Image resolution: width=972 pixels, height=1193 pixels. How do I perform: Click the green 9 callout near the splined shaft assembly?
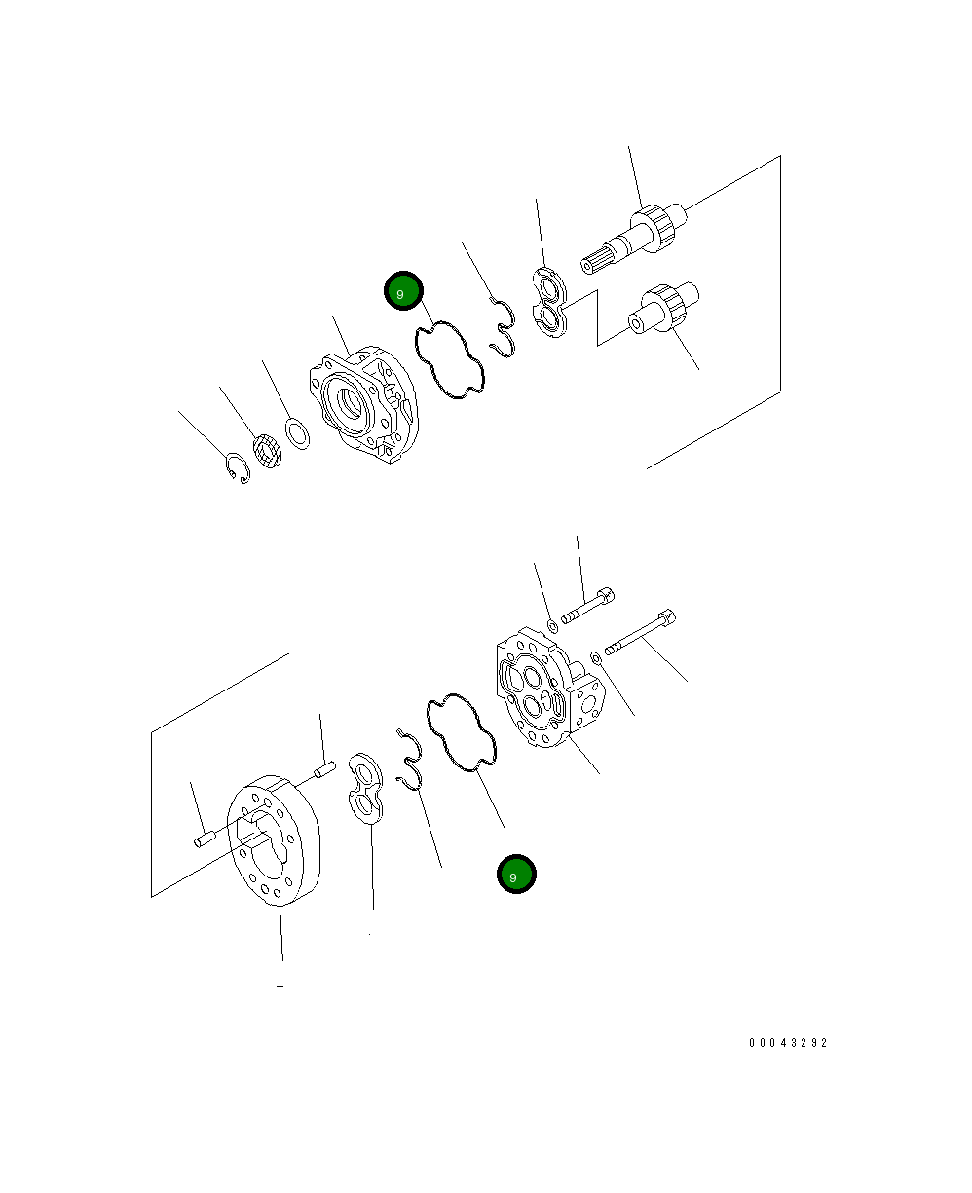(402, 291)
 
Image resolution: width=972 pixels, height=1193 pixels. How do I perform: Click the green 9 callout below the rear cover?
(515, 876)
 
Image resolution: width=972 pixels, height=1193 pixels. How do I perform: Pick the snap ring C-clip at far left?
(237, 467)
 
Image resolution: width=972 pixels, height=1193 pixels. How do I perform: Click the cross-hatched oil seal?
(267, 451)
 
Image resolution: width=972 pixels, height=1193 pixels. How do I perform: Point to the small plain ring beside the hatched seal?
(298, 431)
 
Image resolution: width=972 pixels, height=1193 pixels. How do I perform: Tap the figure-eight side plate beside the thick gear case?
(366, 789)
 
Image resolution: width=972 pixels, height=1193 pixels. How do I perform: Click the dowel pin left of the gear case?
(204, 838)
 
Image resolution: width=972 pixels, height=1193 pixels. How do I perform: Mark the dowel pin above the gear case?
(325, 769)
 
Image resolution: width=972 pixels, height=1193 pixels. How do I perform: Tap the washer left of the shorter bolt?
(551, 624)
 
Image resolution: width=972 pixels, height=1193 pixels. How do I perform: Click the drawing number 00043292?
(788, 1042)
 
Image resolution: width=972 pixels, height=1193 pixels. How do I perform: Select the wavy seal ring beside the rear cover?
(462, 732)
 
